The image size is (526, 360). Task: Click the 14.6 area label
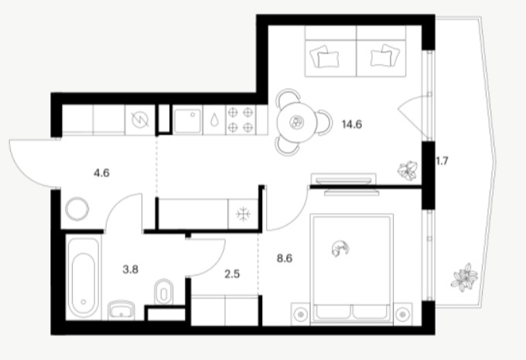[x=352, y=125]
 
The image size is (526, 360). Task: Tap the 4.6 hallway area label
[x=101, y=173]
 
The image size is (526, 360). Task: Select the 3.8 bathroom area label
[x=131, y=269]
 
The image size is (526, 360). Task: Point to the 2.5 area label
[x=232, y=274]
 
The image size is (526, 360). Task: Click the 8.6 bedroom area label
[x=285, y=259]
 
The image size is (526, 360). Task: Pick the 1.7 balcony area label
[x=442, y=161]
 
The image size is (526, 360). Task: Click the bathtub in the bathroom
[x=84, y=277]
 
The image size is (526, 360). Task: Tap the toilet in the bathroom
[x=163, y=292]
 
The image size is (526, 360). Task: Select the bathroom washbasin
[x=121, y=310]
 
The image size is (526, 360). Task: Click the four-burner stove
[x=241, y=120]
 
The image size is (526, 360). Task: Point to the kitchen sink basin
[x=187, y=121]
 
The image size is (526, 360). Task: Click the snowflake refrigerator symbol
[x=243, y=214]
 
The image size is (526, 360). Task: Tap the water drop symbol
[x=214, y=120]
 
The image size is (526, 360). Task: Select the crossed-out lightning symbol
[x=140, y=120]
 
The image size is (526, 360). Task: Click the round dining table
[x=297, y=123]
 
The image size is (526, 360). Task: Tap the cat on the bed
[x=340, y=249]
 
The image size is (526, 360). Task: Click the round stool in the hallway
[x=77, y=209]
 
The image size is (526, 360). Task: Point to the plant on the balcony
[x=465, y=278]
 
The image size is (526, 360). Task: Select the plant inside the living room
[x=408, y=170]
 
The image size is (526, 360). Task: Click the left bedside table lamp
[x=301, y=314]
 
